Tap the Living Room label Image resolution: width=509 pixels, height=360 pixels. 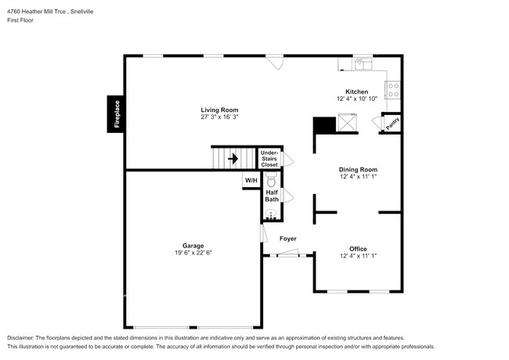(219, 110)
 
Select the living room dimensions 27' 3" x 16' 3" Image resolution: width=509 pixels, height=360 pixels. (219, 117)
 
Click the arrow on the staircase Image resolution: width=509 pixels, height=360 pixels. (233, 159)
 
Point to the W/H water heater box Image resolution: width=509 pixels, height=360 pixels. (251, 181)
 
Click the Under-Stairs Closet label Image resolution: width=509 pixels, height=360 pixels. (269, 159)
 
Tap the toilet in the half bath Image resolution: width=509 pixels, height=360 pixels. (272, 180)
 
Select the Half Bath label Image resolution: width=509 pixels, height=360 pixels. (272, 196)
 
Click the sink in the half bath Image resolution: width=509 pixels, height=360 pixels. (272, 214)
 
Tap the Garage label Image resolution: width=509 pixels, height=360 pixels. (193, 245)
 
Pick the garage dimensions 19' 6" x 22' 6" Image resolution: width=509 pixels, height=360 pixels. (193, 253)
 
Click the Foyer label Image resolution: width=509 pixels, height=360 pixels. (287, 238)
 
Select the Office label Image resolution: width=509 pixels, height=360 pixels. (358, 248)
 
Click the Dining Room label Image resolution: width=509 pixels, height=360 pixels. (358, 169)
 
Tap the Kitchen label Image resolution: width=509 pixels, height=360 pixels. (357, 92)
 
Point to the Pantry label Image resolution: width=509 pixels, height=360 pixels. (391, 123)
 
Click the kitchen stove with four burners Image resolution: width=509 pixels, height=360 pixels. (394, 89)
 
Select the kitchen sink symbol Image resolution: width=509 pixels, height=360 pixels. (363, 63)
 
